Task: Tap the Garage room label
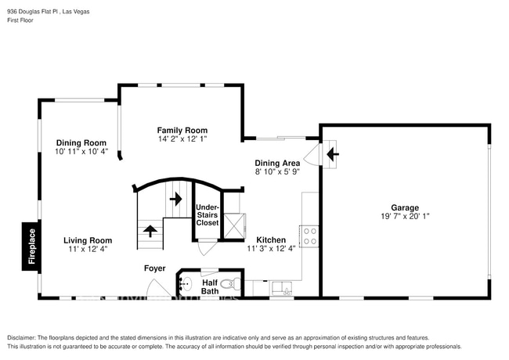[404, 208]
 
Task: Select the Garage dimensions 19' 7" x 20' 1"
[404, 217]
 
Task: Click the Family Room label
[182, 130]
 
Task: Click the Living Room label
[87, 240]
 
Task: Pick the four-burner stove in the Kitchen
[310, 236]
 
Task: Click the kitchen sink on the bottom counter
[283, 290]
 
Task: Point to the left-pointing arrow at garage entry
[332, 154]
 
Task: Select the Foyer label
[154, 268]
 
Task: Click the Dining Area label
[277, 163]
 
